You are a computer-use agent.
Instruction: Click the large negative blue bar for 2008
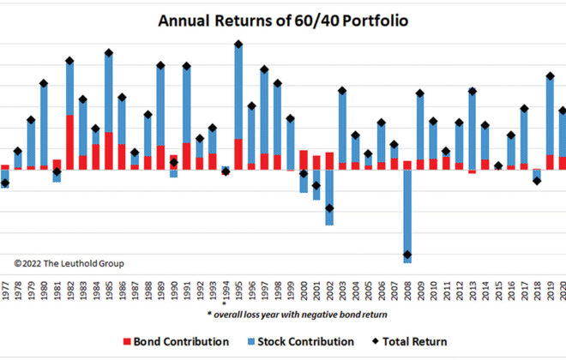[407, 214]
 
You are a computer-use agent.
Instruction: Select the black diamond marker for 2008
[407, 255]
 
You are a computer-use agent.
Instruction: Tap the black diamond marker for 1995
[238, 44]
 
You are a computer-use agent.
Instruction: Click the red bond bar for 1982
[69, 141]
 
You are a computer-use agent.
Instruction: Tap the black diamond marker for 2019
[551, 76]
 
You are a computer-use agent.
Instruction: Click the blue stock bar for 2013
[473, 129]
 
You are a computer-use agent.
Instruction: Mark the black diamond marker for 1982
[69, 61]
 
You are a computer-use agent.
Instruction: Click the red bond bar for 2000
[304, 159]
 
